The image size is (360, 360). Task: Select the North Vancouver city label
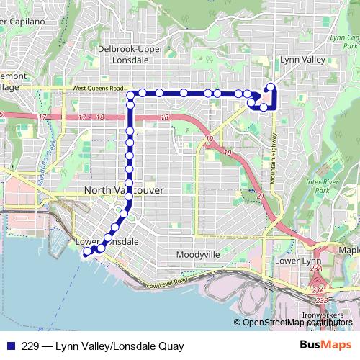(124, 189)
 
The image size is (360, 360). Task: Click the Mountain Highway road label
(274, 159)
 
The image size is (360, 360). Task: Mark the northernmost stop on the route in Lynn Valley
(271, 88)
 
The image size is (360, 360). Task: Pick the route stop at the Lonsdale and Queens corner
(132, 94)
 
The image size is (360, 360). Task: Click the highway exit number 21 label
(261, 196)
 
